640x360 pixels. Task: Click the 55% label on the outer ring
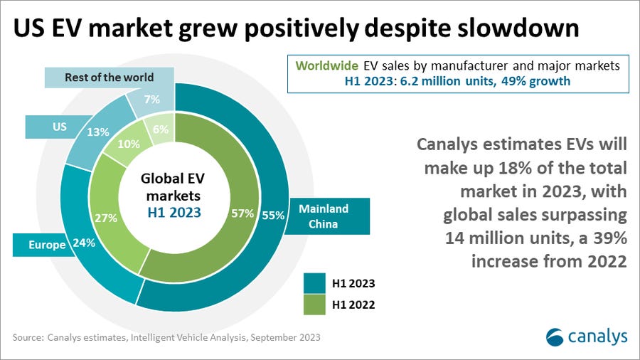[x=272, y=213]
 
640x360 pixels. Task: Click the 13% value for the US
[x=99, y=132]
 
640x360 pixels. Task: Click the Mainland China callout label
[x=324, y=216]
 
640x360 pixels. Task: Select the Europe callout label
[x=47, y=245]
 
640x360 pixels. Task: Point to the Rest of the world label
[x=104, y=78]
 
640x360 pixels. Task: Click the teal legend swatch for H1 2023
[x=314, y=282]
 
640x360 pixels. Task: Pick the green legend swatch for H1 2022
[x=314, y=305]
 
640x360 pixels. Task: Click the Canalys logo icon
[x=556, y=336]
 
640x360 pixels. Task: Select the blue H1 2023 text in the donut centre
[x=174, y=213]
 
